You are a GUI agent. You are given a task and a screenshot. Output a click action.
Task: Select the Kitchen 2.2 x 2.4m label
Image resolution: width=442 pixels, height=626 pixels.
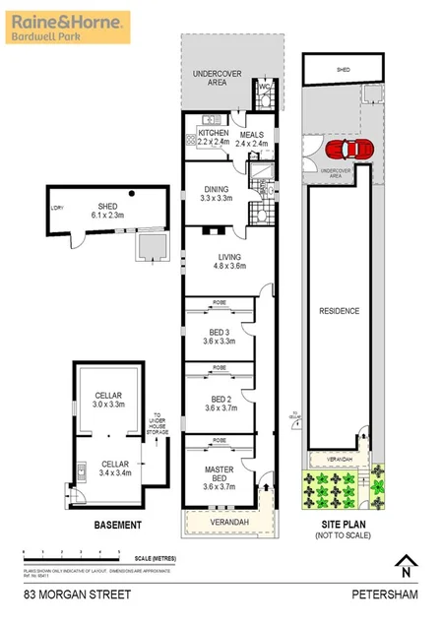[214, 137]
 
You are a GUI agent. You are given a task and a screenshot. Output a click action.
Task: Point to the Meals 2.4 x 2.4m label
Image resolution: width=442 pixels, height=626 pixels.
[251, 137]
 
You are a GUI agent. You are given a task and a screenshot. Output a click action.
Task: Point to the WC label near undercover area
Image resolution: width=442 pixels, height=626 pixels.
[263, 87]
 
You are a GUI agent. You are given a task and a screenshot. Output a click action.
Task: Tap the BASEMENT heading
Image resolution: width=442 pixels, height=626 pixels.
[117, 525]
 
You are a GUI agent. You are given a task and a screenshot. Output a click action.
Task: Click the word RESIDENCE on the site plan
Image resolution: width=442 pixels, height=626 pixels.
[339, 311]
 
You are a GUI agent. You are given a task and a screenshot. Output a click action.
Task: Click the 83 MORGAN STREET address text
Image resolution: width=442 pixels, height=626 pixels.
[66, 595]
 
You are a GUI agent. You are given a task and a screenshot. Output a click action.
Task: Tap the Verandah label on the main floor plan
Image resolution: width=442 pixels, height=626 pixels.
[228, 521]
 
